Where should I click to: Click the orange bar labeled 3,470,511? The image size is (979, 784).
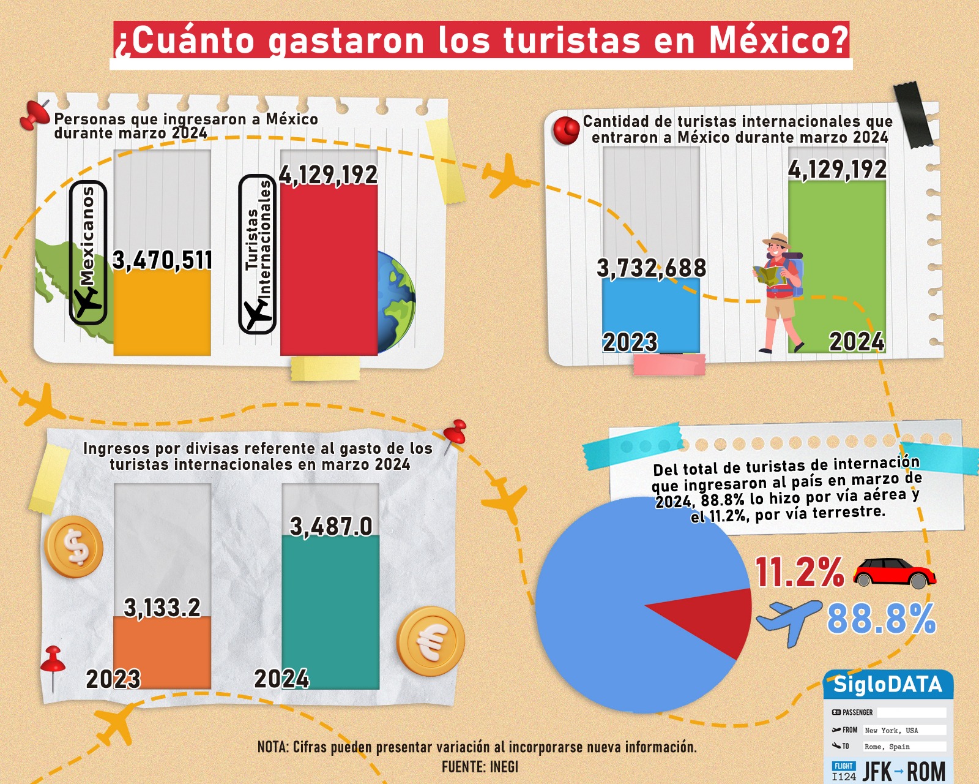coord(162,312)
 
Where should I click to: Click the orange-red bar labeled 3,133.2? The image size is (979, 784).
coord(162,652)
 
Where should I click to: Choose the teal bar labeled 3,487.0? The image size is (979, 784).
coord(330,612)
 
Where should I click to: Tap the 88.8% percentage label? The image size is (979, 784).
coord(881,619)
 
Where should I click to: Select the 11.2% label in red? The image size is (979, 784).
coord(799,573)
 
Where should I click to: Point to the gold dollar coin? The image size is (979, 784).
coord(74,547)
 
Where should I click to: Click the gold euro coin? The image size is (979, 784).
coord(431,641)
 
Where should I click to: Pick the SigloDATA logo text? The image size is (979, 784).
coord(888,684)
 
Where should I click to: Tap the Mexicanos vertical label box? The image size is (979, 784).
coord(89,252)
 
